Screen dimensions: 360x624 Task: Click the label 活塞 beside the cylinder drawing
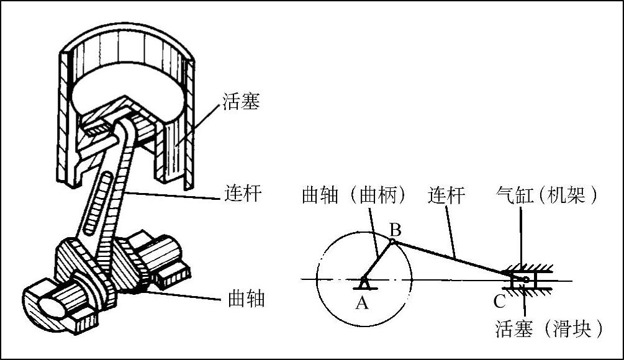pyautogui.click(x=241, y=101)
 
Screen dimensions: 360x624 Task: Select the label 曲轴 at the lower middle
pyautogui.click(x=243, y=300)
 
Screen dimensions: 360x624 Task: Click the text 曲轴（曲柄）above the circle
pyautogui.click(x=355, y=196)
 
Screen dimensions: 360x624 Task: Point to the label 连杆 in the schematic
pyautogui.click(x=446, y=196)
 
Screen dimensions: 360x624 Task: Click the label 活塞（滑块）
pyautogui.click(x=549, y=328)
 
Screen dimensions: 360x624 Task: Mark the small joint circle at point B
pyautogui.click(x=392, y=241)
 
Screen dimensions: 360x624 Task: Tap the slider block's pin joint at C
pyautogui.click(x=525, y=280)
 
